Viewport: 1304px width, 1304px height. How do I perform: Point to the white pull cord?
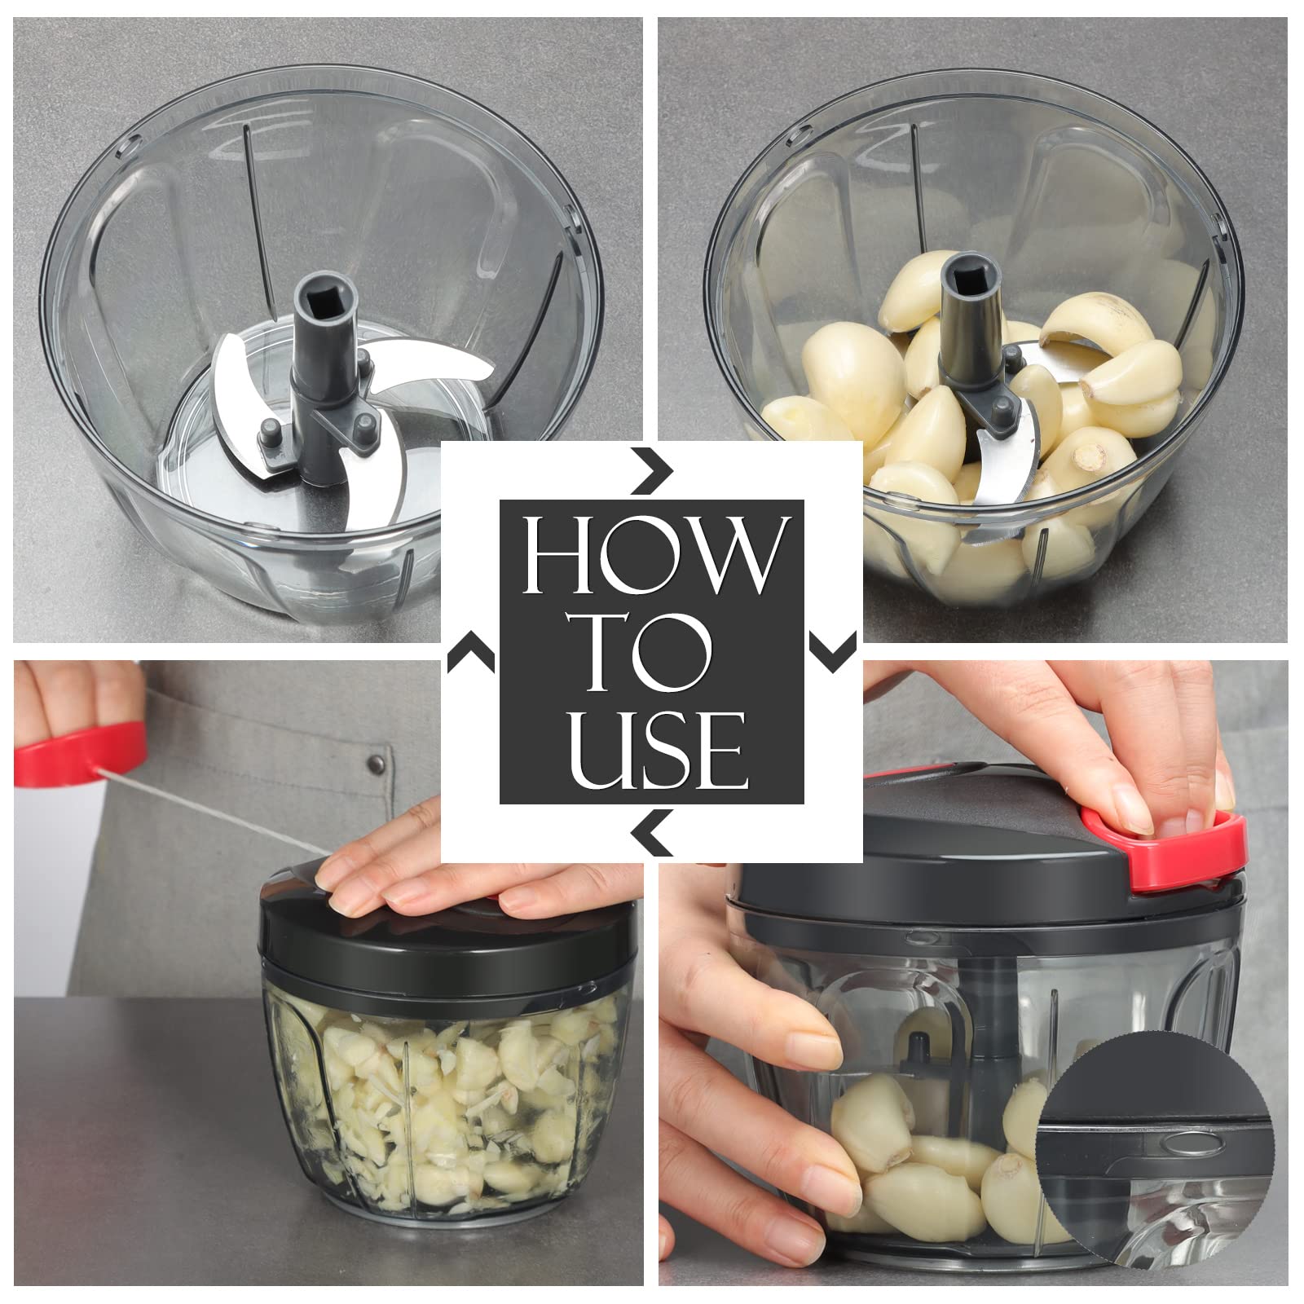tap(212, 808)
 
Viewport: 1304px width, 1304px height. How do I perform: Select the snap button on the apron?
tap(377, 764)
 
